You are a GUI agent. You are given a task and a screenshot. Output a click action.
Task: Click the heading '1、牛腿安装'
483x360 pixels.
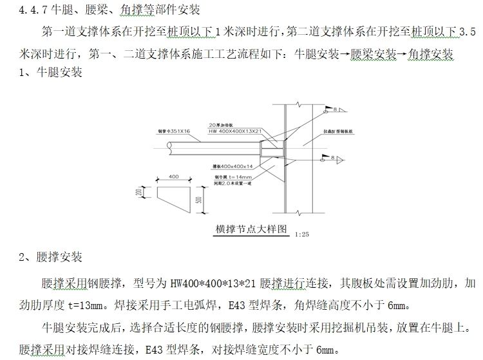pos(43,73)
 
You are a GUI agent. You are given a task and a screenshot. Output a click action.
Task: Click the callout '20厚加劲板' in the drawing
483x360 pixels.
pos(223,124)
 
